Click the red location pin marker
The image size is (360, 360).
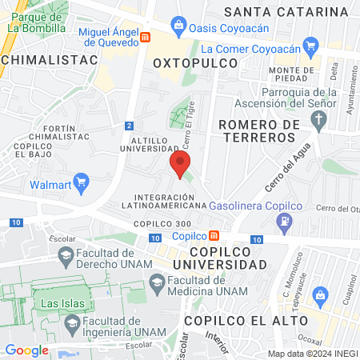180,166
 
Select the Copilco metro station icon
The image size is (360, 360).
214,237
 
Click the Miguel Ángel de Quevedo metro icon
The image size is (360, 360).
145,37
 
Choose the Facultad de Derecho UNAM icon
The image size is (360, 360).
66,256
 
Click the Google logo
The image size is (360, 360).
26,350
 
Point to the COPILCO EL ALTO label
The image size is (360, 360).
245,320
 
